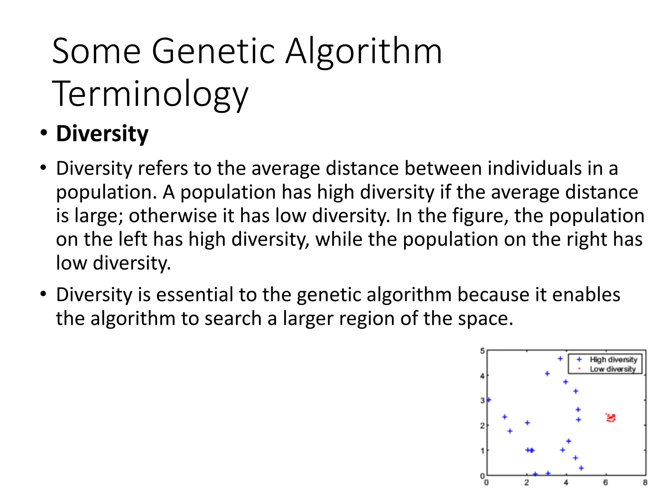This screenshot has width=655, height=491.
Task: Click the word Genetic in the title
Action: pyautogui.click(x=213, y=51)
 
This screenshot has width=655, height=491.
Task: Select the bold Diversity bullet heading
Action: pyautogui.click(x=102, y=133)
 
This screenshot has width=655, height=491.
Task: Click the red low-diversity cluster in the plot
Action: pyautogui.click(x=611, y=418)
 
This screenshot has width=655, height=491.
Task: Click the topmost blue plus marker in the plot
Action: pyautogui.click(x=560, y=359)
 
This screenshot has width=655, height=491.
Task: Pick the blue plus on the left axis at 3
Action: pyautogui.click(x=488, y=400)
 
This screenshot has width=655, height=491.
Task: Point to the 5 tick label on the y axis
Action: pyautogui.click(x=482, y=351)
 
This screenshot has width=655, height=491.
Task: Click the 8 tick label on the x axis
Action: pyautogui.click(x=645, y=482)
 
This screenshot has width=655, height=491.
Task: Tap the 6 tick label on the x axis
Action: pyautogui.click(x=605, y=482)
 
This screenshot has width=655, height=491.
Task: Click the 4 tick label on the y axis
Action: pyautogui.click(x=482, y=376)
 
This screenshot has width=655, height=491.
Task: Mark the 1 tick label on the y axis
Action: pyautogui.click(x=482, y=450)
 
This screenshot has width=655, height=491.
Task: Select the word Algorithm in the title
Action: pyautogui.click(x=364, y=51)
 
